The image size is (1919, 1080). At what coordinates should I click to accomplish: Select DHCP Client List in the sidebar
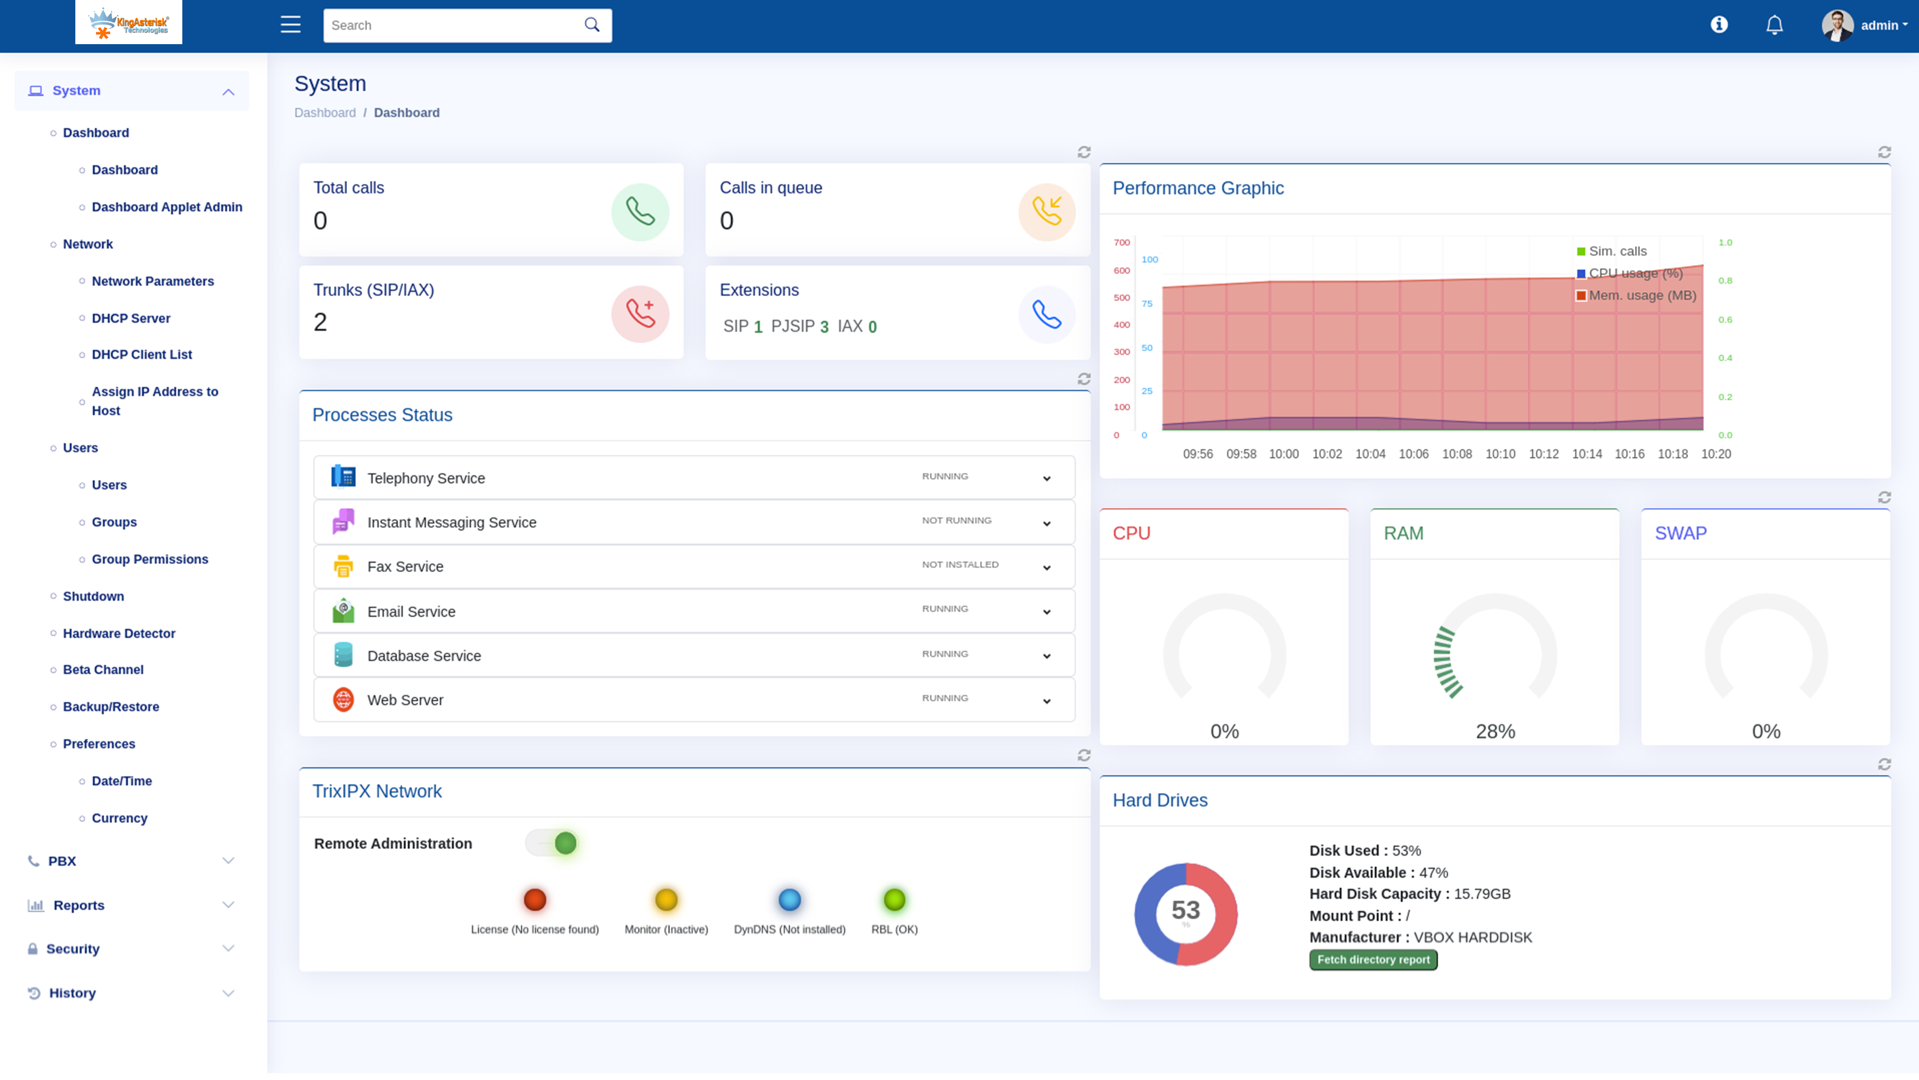[x=142, y=355]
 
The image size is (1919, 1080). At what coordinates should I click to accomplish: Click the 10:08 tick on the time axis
[x=1457, y=454]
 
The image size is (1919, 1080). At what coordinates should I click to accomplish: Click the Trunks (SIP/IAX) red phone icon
[x=640, y=314]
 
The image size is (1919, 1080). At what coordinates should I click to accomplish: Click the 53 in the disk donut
[x=1185, y=910]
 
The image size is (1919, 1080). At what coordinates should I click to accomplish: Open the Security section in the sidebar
[x=73, y=949]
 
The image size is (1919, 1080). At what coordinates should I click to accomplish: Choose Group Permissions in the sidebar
[x=150, y=559]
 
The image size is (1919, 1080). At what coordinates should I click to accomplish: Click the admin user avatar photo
[x=1836, y=25]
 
